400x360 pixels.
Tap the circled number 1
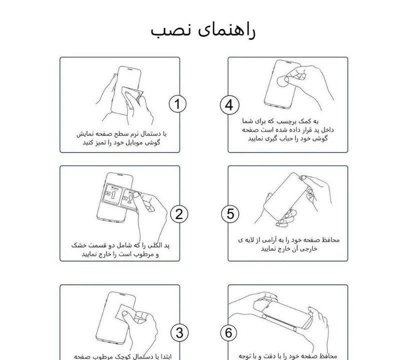(178, 104)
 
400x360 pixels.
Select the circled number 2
(178, 214)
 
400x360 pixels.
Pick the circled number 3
(178, 332)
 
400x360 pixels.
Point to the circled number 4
(229, 105)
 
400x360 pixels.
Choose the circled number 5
(229, 214)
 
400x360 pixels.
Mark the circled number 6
(229, 332)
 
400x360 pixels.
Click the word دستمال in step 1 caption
(150, 134)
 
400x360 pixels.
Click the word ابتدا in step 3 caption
(163, 356)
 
